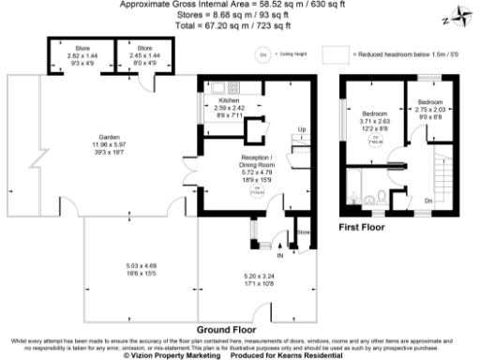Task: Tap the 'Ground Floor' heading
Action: coord(227,330)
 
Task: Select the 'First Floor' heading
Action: coord(364,227)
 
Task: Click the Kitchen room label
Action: coord(229,100)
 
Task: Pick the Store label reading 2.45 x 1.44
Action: coord(143,47)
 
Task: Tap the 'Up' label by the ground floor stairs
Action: coord(301,128)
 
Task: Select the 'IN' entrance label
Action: coord(279,252)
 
